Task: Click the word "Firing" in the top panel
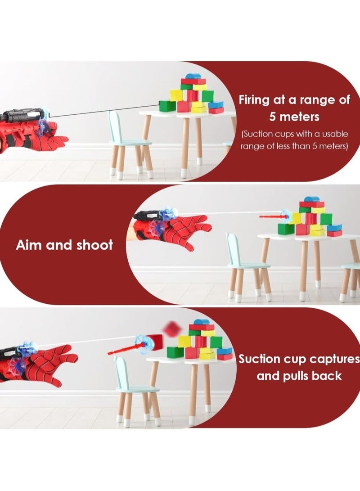(254, 100)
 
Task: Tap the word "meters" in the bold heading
(299, 117)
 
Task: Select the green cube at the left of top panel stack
(167, 106)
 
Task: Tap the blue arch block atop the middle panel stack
(311, 199)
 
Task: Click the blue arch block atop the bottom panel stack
(201, 322)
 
